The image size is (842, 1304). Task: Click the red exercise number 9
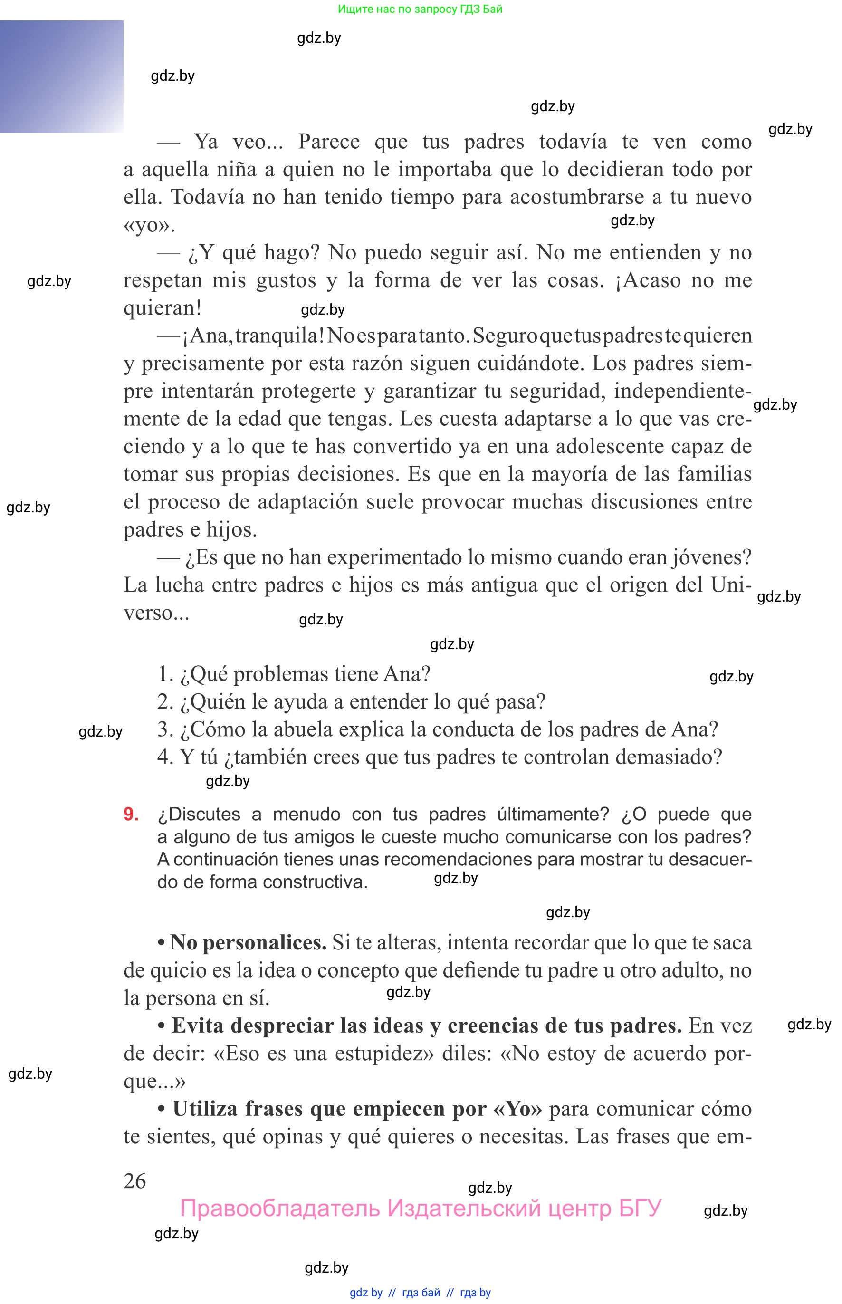point(131,814)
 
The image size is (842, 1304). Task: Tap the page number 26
point(135,1181)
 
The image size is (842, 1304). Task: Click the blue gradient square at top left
point(61,77)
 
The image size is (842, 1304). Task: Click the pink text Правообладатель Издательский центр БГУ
point(421,1208)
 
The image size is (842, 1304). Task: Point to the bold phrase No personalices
point(248,942)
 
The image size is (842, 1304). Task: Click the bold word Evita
point(197,1025)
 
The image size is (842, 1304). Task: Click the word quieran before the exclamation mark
point(159,308)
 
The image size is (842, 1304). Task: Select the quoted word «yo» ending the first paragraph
point(146,225)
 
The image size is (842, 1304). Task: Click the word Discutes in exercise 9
point(204,814)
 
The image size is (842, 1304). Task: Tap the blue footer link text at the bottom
point(420,1293)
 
